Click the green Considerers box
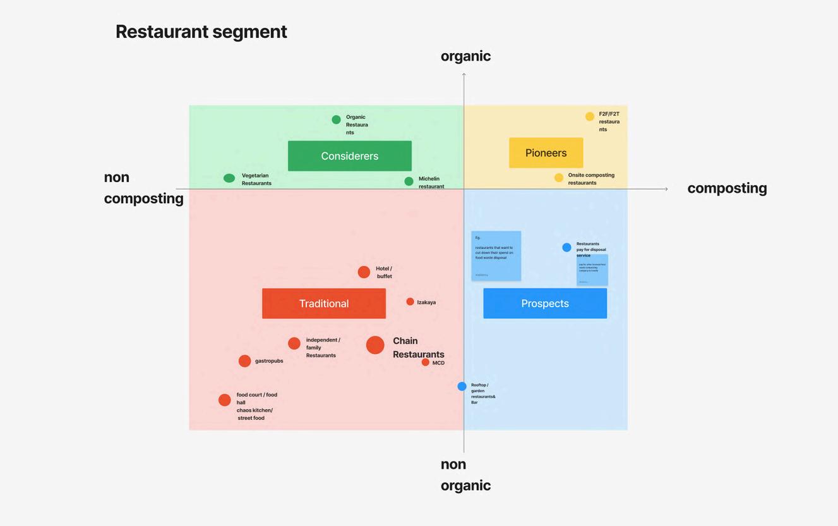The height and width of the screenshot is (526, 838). pos(349,156)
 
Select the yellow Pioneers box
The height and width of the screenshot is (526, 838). pos(546,152)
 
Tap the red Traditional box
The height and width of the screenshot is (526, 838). pos(323,303)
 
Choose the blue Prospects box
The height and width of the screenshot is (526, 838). pos(545,303)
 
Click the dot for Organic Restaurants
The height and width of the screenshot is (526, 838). pos(336,119)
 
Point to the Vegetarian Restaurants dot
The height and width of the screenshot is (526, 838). pos(229,178)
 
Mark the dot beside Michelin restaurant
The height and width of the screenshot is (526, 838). pos(409,181)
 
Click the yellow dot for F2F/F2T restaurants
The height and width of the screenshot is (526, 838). pos(589,116)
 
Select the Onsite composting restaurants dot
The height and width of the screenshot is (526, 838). pos(558,178)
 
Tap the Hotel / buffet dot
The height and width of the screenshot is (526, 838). pos(364,272)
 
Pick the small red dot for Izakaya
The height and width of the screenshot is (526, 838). pos(410,302)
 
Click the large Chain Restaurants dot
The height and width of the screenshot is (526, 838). pos(375,345)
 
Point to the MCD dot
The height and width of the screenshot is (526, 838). pos(425,362)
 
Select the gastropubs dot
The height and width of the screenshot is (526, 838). pos(244,361)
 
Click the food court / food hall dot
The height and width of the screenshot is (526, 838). pos(224,400)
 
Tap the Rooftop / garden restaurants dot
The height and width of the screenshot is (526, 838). pos(462,386)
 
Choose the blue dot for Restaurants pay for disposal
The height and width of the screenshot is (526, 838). pos(566,247)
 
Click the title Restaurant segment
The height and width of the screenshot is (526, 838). pos(201,32)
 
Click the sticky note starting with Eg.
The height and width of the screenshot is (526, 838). pos(496,255)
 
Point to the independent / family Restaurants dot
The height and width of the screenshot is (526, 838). pos(294,343)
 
